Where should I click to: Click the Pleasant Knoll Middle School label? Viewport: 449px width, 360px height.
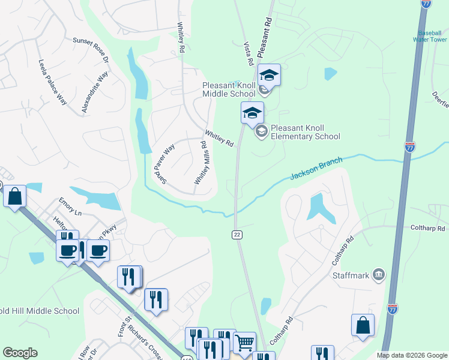[229, 89]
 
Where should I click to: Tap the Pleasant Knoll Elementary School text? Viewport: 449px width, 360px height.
[305, 132]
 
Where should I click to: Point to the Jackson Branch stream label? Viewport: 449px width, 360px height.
[316, 168]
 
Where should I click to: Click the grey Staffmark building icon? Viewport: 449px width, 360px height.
[379, 275]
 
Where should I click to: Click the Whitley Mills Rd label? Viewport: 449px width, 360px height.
[200, 163]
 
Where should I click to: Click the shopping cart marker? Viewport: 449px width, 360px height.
[244, 343]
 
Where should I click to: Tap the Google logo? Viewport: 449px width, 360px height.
[20, 353]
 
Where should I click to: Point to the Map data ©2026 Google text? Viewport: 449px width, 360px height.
[411, 355]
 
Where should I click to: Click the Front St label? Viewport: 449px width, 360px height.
[124, 326]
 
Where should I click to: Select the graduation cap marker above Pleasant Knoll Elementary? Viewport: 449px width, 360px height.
[253, 112]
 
